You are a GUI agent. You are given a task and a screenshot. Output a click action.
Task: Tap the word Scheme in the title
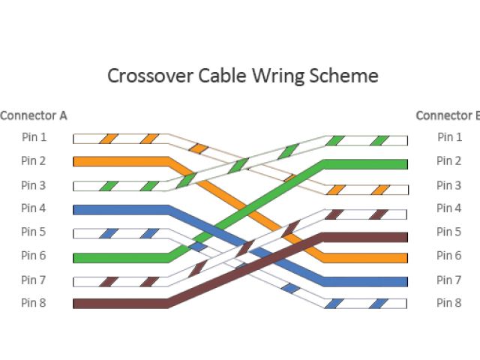coord(346,76)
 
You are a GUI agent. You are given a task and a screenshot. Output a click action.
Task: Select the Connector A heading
coord(34,115)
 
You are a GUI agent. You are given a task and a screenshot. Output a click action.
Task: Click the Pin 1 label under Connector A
coord(34,137)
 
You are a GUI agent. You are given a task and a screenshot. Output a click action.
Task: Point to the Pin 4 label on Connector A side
coord(34,208)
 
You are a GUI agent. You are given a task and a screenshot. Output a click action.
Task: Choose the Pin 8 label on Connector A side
coord(34,303)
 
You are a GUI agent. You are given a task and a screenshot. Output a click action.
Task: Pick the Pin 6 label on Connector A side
coord(34,256)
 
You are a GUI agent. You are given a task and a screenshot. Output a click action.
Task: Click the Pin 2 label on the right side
coord(449,160)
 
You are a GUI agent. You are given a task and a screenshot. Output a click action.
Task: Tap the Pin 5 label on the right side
coord(449,232)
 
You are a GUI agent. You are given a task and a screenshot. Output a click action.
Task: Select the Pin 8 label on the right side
coord(449,303)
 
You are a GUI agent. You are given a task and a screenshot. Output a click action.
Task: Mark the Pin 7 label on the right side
coord(449,280)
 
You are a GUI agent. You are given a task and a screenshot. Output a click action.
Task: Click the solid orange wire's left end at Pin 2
coord(77,161)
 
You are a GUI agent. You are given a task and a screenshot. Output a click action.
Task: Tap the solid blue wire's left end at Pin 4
coord(77,210)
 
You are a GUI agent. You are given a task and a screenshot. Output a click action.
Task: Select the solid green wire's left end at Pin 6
coord(77,257)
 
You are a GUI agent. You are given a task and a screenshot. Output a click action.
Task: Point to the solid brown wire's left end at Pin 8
coord(77,304)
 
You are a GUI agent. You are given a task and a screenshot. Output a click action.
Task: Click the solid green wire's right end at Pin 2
coord(403,163)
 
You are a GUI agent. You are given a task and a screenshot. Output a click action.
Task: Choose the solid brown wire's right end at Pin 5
coord(403,237)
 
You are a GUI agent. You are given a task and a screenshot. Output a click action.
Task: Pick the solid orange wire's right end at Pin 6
coord(403,258)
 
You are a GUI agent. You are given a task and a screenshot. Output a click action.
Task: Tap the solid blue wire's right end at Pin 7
coord(403,282)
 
